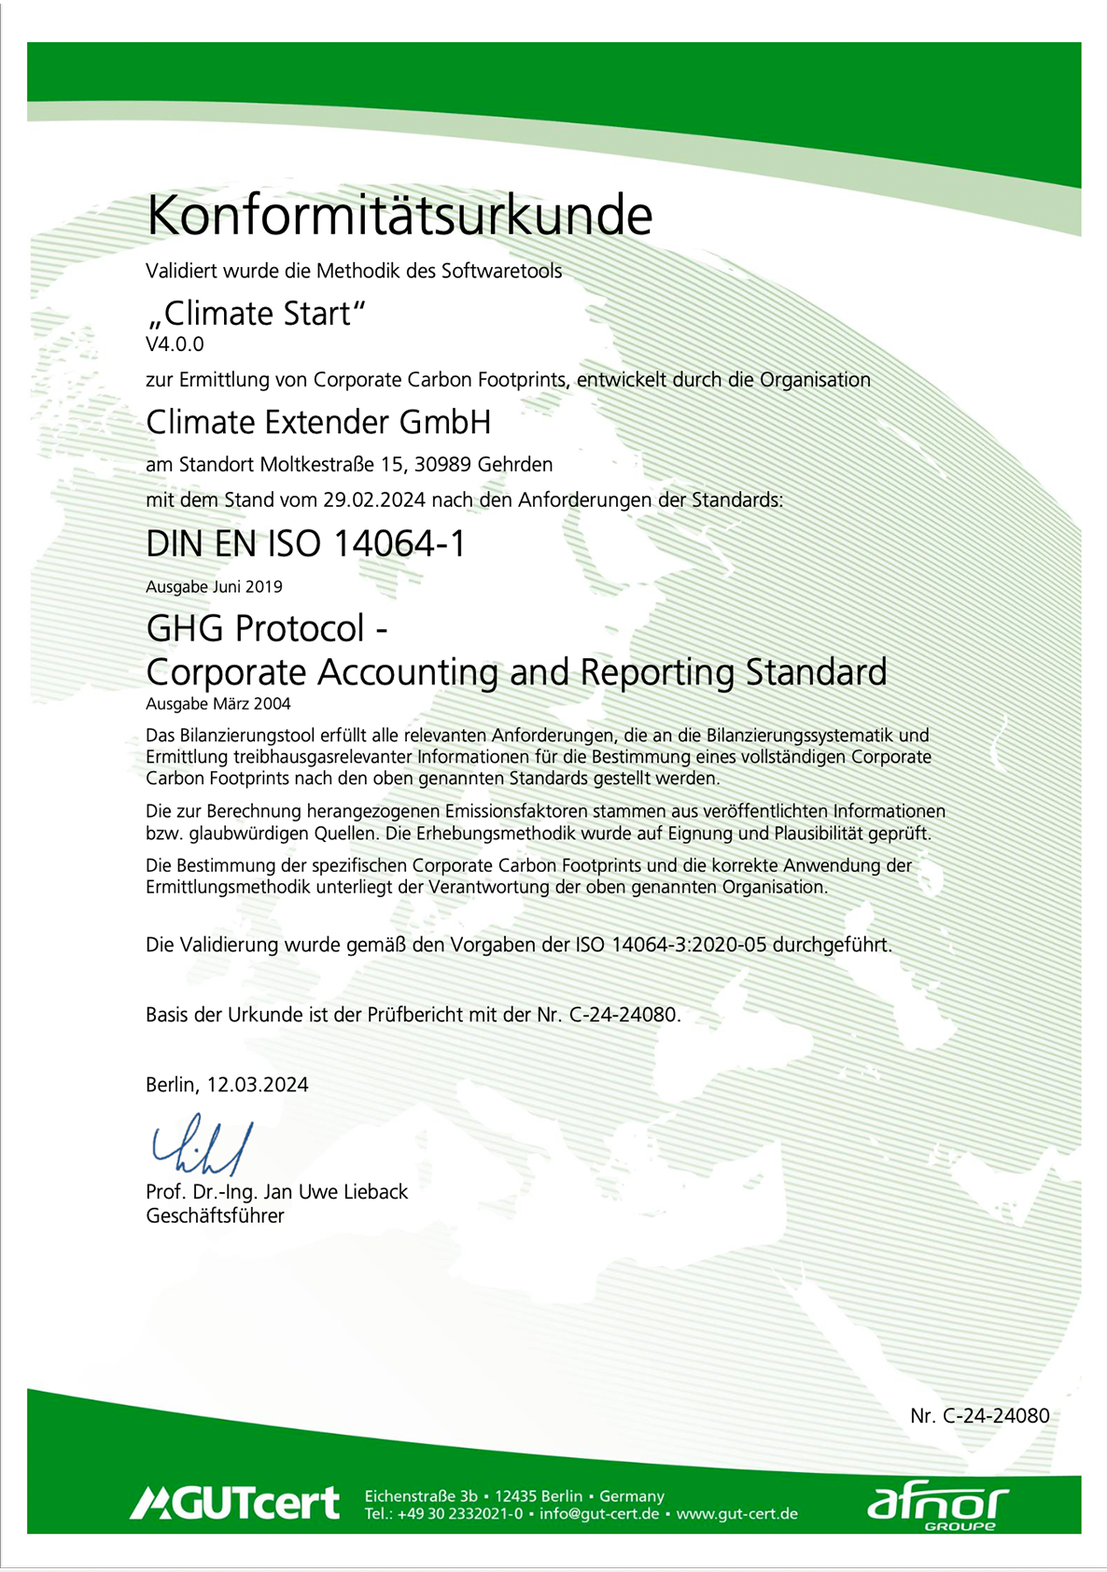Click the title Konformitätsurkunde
[x=399, y=217]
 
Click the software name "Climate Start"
[x=256, y=314]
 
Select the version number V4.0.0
[x=175, y=344]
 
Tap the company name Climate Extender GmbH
[x=318, y=422]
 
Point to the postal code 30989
[x=443, y=464]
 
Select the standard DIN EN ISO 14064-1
[x=305, y=543]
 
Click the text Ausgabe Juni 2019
[x=214, y=587]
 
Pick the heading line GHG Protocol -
[x=266, y=628]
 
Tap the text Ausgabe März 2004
[x=218, y=704]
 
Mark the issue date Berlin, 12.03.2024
[x=227, y=1085]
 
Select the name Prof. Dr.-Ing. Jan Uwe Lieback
[x=276, y=1192]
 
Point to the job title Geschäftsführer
[x=215, y=1215]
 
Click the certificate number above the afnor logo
[x=979, y=1415]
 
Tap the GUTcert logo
[x=235, y=1503]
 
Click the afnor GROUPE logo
[x=937, y=1506]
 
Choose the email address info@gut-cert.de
[x=599, y=1514]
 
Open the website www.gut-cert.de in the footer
[x=736, y=1514]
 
